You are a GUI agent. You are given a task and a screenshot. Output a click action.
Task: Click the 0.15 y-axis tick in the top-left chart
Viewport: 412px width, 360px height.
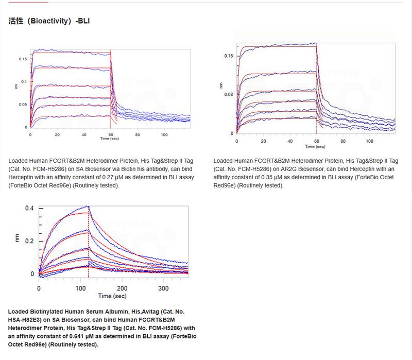[23, 59]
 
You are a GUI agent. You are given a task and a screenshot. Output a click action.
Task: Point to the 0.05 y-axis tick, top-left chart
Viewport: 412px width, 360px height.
[23, 105]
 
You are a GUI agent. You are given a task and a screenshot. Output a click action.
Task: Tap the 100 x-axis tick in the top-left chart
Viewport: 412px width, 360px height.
[164, 134]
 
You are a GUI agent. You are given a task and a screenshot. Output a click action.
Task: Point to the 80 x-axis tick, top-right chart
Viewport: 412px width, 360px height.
[343, 141]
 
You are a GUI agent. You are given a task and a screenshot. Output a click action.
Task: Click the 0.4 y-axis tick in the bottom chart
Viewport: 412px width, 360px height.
[30, 208]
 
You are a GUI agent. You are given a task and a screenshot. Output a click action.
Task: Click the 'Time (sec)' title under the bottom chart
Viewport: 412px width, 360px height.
[112, 296]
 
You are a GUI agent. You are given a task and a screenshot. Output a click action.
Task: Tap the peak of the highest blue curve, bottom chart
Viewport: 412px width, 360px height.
[88, 206]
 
